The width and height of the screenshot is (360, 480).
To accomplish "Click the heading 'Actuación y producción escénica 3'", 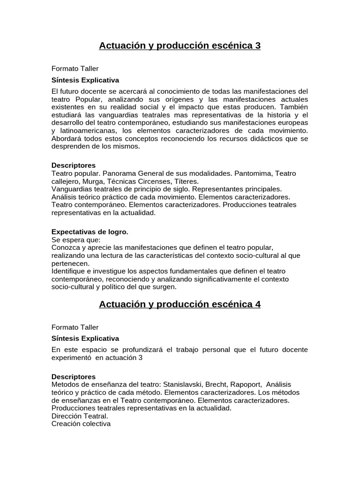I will (x=180, y=45).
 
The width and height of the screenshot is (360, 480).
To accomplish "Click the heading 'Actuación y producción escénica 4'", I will (x=180, y=304).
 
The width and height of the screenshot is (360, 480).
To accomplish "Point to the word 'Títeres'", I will (x=186, y=181).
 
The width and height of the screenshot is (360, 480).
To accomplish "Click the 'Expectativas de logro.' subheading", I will (x=90, y=232).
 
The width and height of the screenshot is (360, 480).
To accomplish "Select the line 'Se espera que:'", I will (x=73, y=240).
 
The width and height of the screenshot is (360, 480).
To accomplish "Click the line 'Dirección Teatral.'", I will (x=80, y=416).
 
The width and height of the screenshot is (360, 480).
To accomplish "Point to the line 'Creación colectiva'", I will (x=81, y=424).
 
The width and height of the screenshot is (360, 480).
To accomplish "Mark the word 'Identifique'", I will (x=68, y=271).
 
